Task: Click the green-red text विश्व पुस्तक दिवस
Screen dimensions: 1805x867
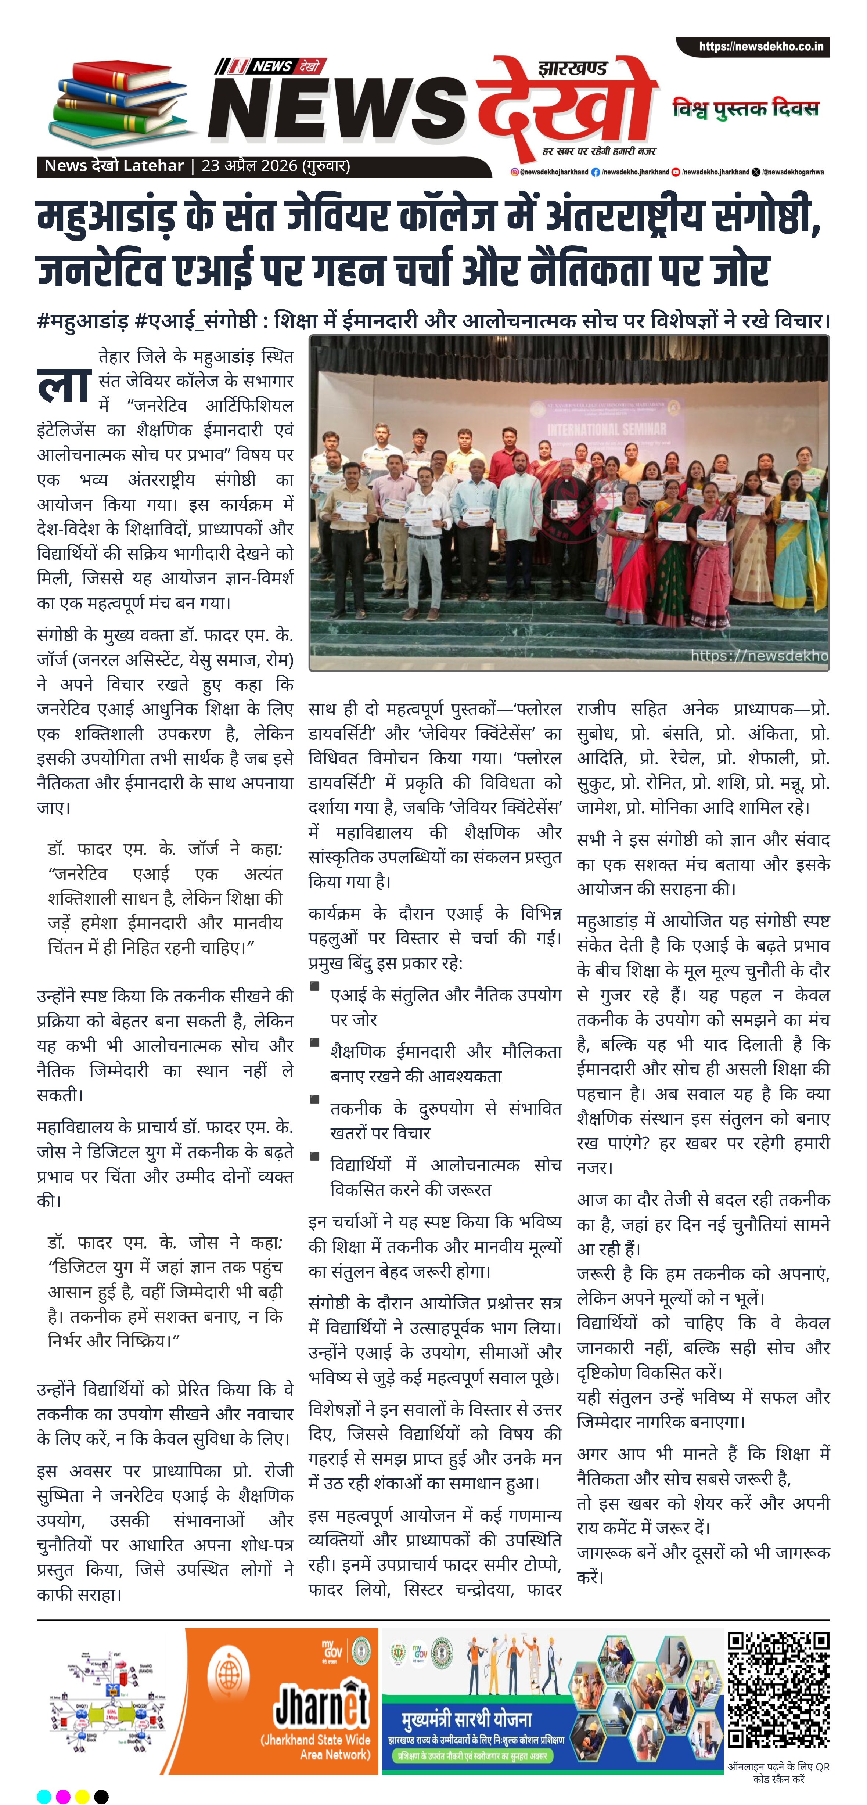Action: [x=745, y=109]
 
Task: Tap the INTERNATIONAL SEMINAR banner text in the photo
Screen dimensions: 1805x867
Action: [x=606, y=429]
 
